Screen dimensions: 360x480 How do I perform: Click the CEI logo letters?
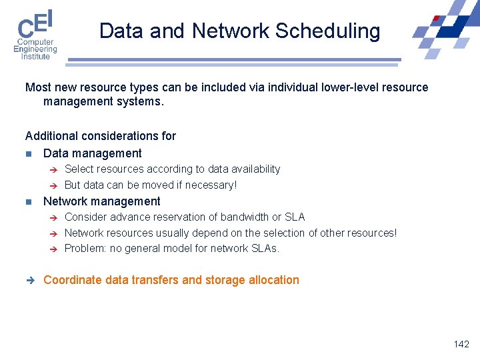click(x=35, y=25)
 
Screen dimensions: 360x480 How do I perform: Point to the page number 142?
click(x=461, y=344)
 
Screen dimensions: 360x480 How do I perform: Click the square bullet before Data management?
click(x=29, y=153)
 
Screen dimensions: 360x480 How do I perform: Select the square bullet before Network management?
click(x=29, y=201)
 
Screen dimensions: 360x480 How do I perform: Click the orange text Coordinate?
click(x=73, y=280)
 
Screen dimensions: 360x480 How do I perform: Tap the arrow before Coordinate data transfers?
click(x=29, y=280)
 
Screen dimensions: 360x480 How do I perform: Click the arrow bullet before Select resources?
click(x=55, y=169)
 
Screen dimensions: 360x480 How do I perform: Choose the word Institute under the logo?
click(x=35, y=57)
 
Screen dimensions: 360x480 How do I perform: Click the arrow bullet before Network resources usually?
click(x=55, y=233)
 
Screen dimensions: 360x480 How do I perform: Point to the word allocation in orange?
click(x=273, y=280)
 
